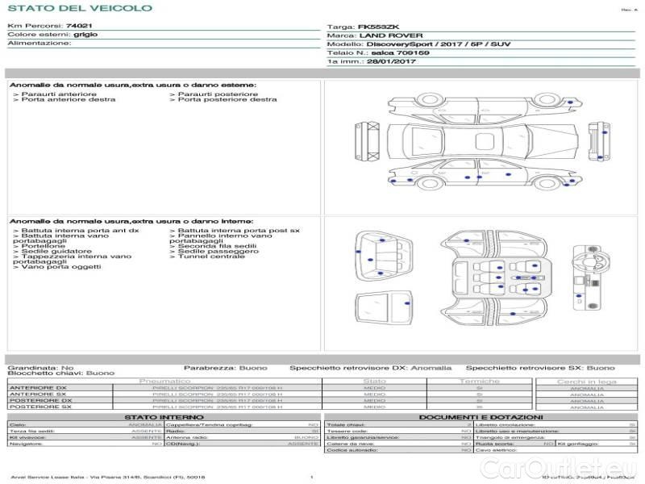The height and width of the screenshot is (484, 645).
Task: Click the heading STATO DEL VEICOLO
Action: (x=79, y=9)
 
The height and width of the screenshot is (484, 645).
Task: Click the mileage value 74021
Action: (x=79, y=27)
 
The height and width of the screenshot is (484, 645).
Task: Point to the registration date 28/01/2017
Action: (x=389, y=61)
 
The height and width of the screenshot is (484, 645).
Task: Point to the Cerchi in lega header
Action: (x=585, y=381)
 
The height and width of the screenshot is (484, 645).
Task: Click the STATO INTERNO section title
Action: (x=159, y=417)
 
